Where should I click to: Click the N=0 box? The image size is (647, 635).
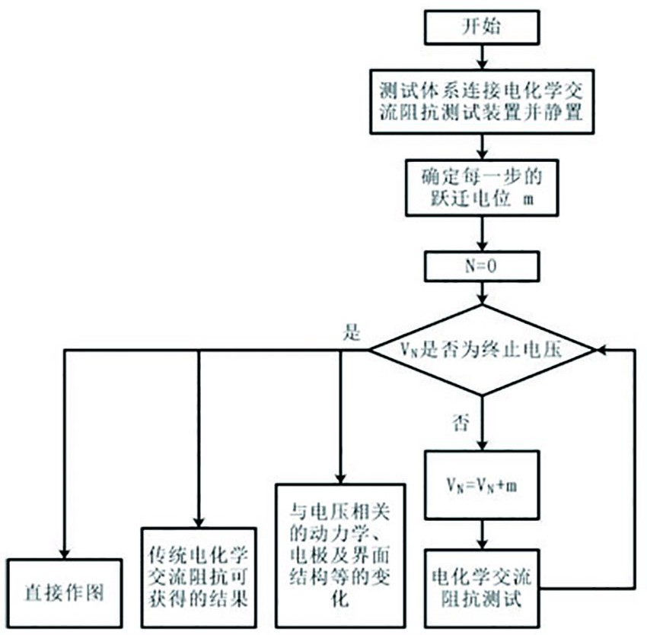[x=481, y=266]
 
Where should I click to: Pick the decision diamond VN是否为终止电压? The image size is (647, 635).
[x=481, y=350]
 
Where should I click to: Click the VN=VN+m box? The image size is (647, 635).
[x=481, y=485]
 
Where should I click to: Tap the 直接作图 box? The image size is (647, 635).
[x=64, y=592]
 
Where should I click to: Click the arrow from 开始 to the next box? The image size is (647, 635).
[x=481, y=56]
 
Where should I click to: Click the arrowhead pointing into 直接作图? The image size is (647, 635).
[x=64, y=553]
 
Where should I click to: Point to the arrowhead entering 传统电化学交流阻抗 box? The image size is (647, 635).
[x=198, y=522]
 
